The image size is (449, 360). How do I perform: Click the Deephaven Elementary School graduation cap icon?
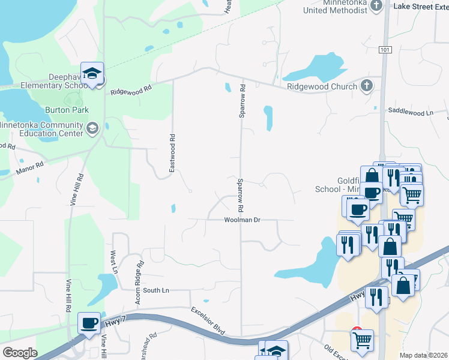[92, 73]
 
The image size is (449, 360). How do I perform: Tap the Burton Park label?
[67, 110]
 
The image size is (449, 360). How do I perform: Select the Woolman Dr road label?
[242, 220]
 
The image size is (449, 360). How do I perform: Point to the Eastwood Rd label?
[172, 153]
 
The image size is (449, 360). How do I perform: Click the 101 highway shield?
[385, 50]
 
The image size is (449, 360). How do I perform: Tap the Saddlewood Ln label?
[411, 112]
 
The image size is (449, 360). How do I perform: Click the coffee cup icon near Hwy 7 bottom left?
[89, 323]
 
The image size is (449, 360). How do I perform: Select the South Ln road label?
[156, 290]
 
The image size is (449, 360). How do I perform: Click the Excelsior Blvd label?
[208, 322]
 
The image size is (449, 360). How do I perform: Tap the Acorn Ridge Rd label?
[139, 282]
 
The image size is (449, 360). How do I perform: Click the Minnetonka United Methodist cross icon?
[376, 5]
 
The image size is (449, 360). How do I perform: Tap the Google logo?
[20, 353]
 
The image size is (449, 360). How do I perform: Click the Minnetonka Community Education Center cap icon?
[92, 127]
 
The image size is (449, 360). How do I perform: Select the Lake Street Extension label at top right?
[420, 6]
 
